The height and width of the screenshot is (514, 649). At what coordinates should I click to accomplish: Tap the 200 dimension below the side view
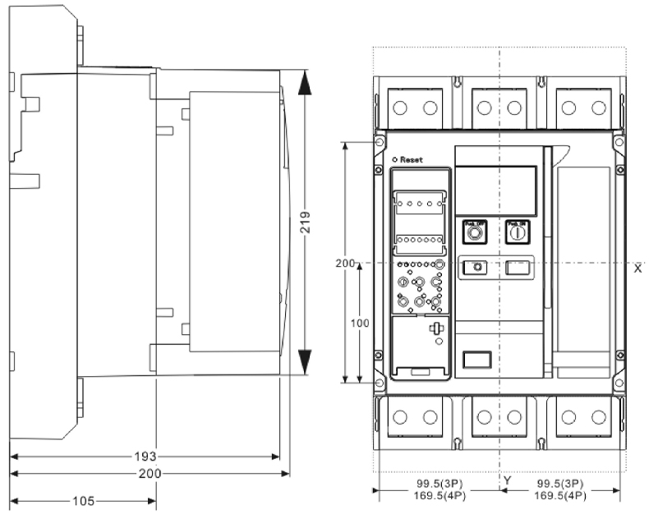150,474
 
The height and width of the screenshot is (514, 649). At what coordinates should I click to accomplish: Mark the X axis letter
637,268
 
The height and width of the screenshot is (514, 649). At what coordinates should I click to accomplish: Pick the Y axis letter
507,480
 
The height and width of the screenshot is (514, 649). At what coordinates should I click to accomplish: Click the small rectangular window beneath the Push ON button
516,266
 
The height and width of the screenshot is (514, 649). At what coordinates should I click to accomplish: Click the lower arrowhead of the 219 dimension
304,362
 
